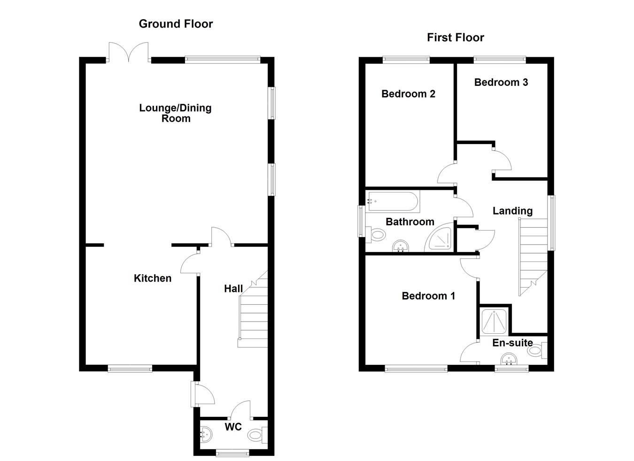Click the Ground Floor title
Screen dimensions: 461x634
tap(176, 24)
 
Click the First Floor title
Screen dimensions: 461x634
tap(455, 38)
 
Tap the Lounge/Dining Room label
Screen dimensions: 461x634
tap(175, 113)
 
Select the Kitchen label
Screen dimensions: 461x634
tap(153, 278)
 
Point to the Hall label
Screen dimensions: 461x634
tap(233, 289)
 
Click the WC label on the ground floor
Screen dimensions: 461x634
tap(233, 427)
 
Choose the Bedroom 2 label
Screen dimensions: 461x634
tap(408, 94)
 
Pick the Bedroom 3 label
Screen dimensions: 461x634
tap(501, 83)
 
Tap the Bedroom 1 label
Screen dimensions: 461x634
tap(428, 296)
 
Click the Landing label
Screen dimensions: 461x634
tap(512, 211)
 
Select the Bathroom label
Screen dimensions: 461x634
tap(410, 222)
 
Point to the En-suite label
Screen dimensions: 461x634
tap(512, 343)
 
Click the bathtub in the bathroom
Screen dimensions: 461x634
tap(394, 202)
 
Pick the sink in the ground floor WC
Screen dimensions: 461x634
tap(206, 435)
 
